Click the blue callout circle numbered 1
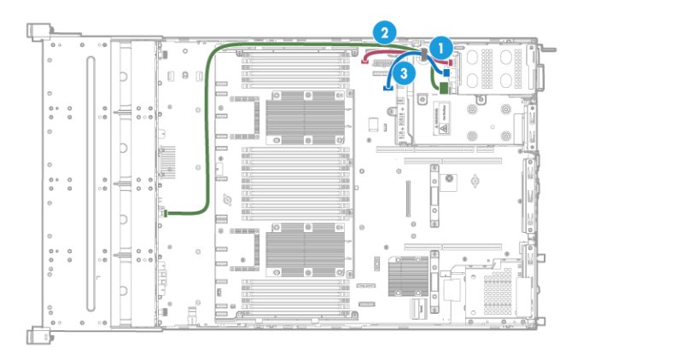440,48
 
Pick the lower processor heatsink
304,250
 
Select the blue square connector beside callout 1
446,74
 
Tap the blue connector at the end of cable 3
389,85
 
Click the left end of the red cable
367,61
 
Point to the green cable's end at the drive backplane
168,213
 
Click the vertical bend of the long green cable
209,128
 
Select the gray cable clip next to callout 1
424,55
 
